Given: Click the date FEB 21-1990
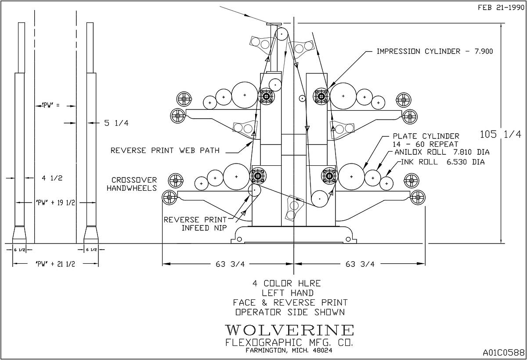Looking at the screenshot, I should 501,7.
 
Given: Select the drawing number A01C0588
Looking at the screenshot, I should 503,352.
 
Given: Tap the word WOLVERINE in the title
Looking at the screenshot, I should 289,330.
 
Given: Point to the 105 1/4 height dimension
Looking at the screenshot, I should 501,134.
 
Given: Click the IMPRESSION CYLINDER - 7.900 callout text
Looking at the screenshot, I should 435,51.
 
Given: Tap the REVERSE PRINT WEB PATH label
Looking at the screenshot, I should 165,150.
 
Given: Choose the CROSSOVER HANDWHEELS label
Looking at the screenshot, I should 133,184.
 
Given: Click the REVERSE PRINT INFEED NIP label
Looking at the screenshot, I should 195,223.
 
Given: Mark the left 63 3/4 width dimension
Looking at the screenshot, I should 227,264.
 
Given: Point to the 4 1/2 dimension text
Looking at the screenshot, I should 45,178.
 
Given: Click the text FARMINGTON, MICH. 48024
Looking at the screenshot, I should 289,350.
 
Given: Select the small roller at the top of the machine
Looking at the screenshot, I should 281,33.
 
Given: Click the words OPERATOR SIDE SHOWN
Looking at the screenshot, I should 289,312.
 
